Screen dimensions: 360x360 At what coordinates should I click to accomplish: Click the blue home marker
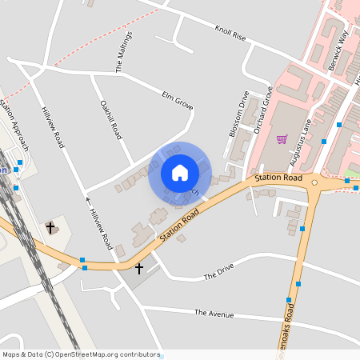(x=179, y=173)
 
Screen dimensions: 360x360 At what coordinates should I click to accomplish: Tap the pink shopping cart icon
(x=282, y=139)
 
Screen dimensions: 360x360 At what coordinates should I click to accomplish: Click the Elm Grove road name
(x=178, y=101)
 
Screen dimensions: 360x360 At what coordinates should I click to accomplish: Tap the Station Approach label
(x=14, y=125)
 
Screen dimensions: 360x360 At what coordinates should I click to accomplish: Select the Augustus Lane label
(x=304, y=126)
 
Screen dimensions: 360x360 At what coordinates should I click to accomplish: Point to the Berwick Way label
(x=339, y=52)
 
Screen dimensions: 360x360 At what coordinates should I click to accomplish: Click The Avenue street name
(x=214, y=314)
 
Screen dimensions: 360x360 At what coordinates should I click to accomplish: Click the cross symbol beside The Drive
(x=139, y=268)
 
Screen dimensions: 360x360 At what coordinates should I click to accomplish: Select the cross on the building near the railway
(x=50, y=228)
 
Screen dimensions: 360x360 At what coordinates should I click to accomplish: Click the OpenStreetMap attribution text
(x=81, y=354)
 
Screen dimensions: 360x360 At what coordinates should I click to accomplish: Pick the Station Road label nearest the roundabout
(x=278, y=177)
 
